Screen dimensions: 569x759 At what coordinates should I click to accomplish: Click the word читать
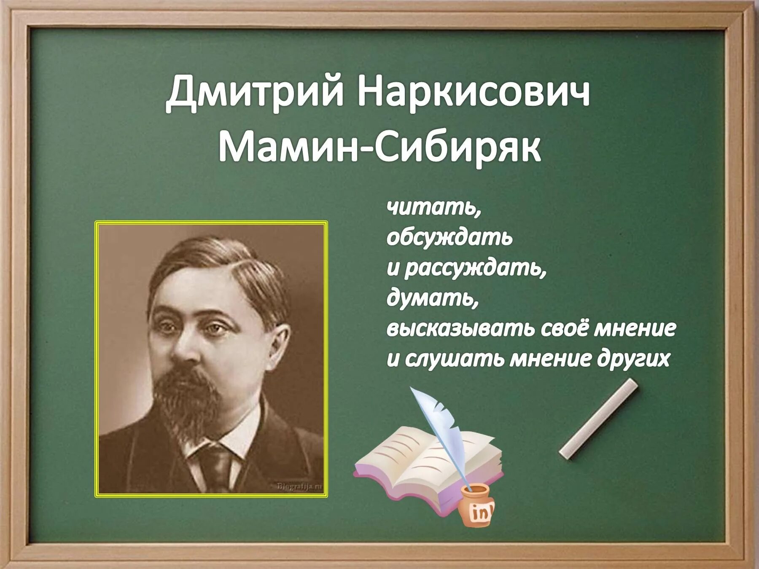coord(433,207)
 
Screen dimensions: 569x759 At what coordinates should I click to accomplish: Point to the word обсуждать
coord(449,238)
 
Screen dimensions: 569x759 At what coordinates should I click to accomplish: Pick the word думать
coord(432,298)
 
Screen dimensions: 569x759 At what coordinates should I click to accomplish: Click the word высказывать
coord(460,329)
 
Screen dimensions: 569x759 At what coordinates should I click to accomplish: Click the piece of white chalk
coord(598,418)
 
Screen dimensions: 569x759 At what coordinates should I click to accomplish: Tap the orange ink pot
coord(477,506)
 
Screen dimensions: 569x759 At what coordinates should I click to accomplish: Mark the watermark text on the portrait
coord(299,487)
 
